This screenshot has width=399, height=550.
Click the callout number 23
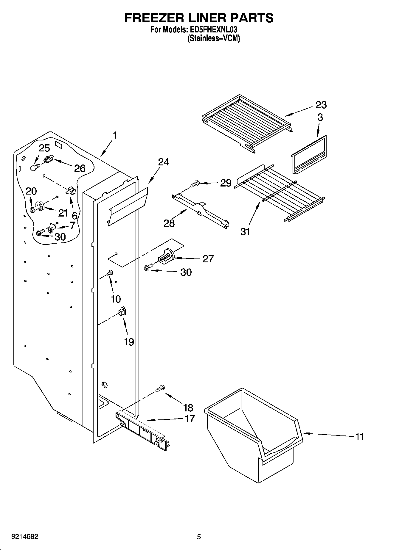point(321,105)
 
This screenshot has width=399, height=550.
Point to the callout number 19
point(129,342)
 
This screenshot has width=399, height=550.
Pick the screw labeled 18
point(160,388)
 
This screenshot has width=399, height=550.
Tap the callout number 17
point(190,419)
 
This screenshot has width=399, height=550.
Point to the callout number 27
point(208,259)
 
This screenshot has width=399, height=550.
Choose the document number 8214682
point(24,537)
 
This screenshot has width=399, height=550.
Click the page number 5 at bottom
point(199,537)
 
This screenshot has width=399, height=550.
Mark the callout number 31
point(245,231)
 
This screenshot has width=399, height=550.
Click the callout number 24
point(163,162)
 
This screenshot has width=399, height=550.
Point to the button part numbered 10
point(110,272)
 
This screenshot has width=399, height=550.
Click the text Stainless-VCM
point(214,38)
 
